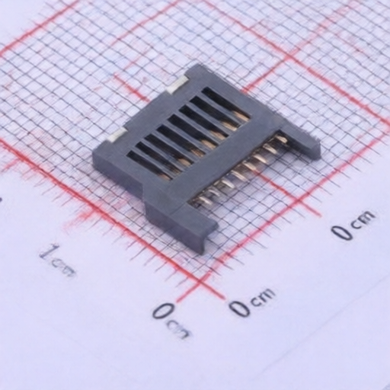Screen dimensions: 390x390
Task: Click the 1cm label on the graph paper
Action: (x=58, y=261)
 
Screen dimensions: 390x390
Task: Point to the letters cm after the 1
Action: (x=64, y=269)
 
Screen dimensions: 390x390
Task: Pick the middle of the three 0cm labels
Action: (x=251, y=302)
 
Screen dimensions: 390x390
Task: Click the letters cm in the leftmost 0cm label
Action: (x=180, y=330)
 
